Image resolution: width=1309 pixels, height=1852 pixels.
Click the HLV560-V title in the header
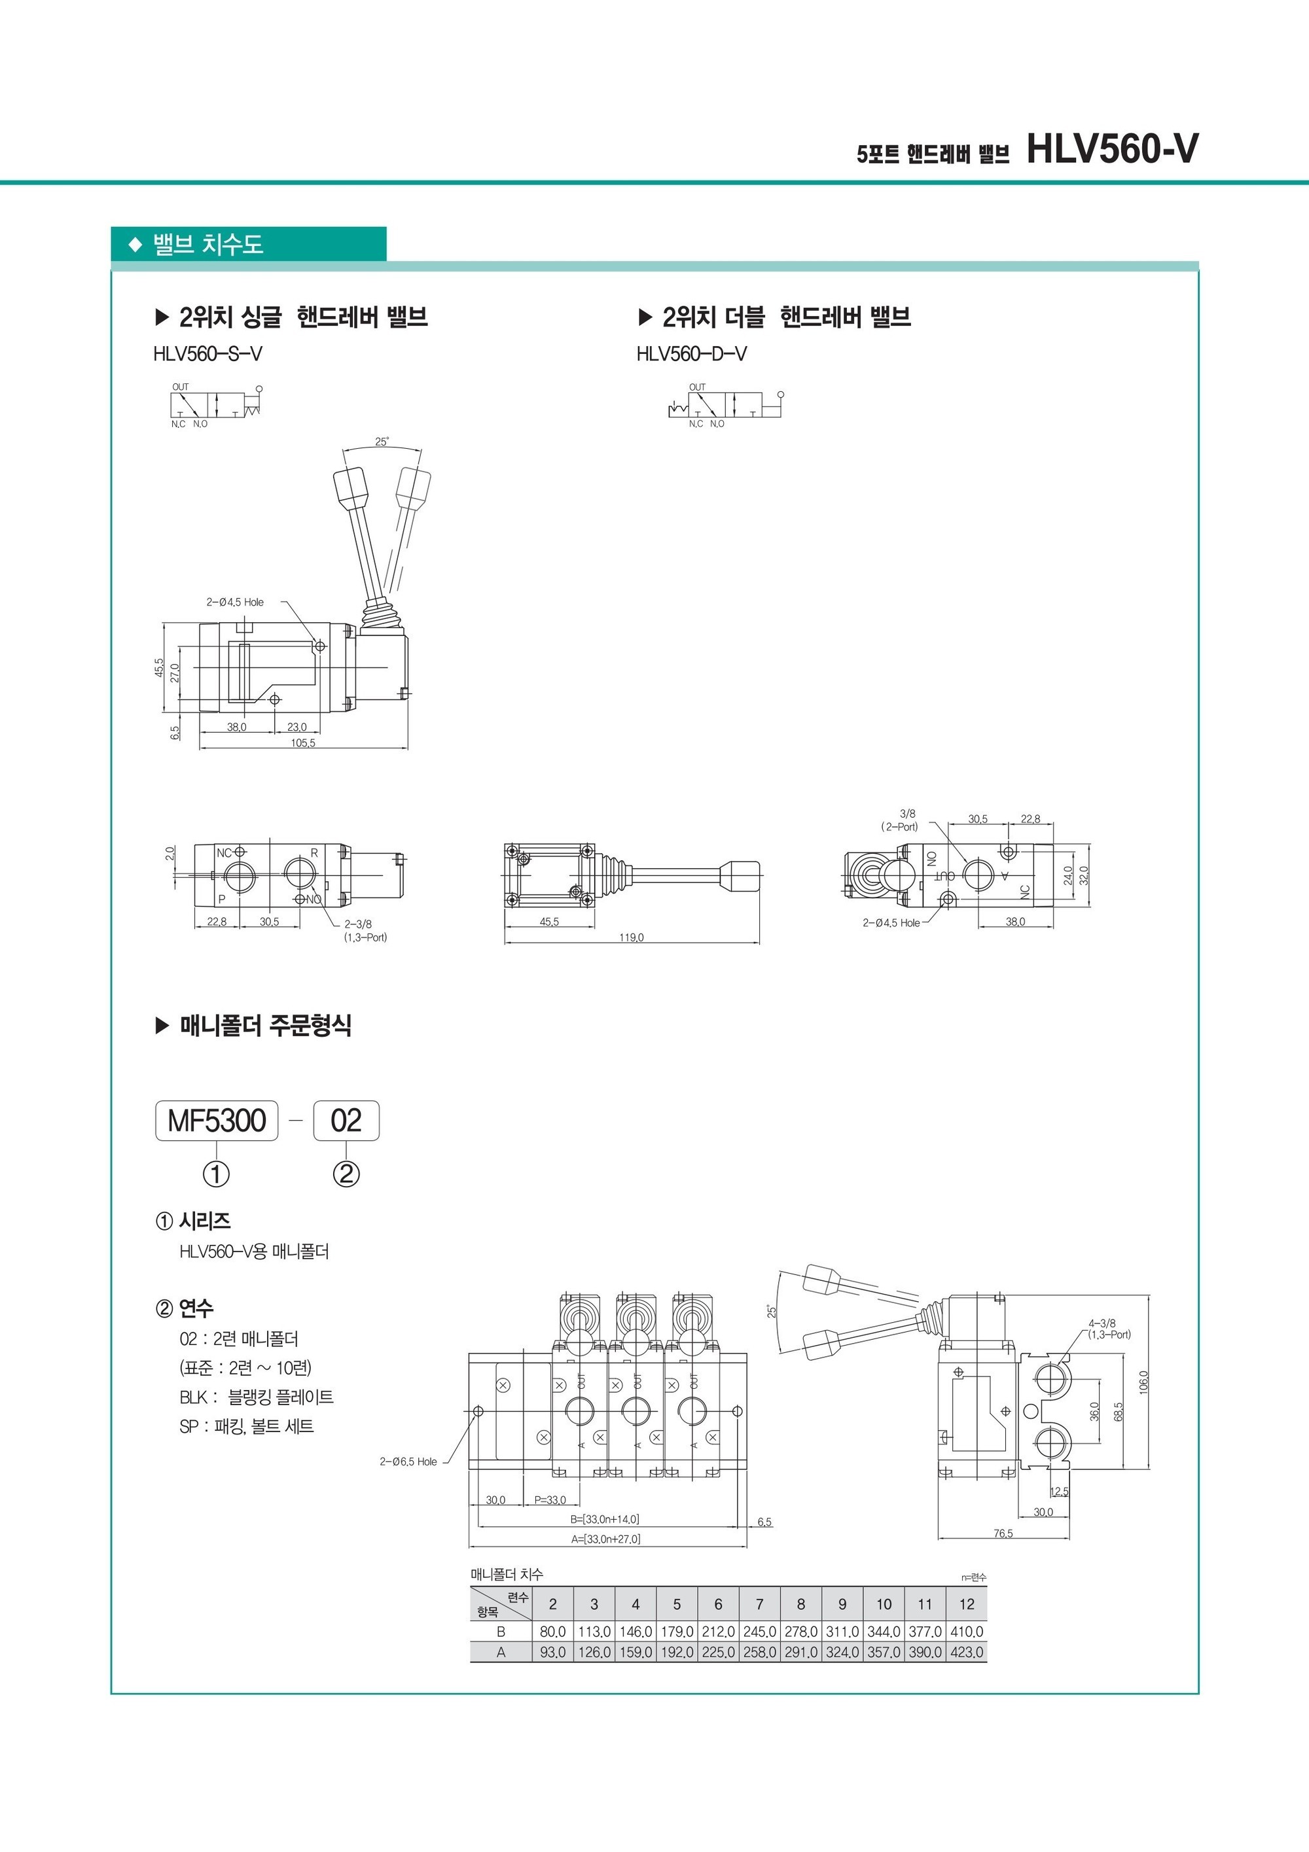pyautogui.click(x=1112, y=149)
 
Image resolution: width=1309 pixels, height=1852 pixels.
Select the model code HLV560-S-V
pyautogui.click(x=207, y=354)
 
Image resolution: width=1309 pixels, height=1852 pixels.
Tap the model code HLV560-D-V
pyautogui.click(x=692, y=354)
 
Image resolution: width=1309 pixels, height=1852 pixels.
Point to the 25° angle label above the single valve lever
pyautogui.click(x=382, y=441)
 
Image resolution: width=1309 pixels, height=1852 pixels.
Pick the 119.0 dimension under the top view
pyautogui.click(x=631, y=937)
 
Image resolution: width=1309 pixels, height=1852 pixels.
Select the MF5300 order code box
pyautogui.click(x=216, y=1121)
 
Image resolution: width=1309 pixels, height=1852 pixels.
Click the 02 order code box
pyautogui.click(x=346, y=1121)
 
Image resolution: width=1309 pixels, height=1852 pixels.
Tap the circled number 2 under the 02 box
pyautogui.click(x=346, y=1174)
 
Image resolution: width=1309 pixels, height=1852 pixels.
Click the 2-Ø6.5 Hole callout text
pyautogui.click(x=408, y=1461)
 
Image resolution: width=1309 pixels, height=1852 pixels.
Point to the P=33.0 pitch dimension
pyautogui.click(x=550, y=1500)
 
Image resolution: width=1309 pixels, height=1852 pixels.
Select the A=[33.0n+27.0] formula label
pyautogui.click(x=605, y=1539)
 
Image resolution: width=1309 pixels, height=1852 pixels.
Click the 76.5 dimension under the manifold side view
pyautogui.click(x=1003, y=1533)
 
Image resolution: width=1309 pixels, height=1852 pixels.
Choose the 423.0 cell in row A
pyautogui.click(x=967, y=1652)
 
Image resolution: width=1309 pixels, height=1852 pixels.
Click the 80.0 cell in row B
pyautogui.click(x=553, y=1631)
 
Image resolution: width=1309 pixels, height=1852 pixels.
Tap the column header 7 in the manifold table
pyautogui.click(x=759, y=1604)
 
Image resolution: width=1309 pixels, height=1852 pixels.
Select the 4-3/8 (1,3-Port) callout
pyautogui.click(x=1109, y=1329)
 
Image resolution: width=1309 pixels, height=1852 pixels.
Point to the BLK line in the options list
pyautogui.click(x=257, y=1397)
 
